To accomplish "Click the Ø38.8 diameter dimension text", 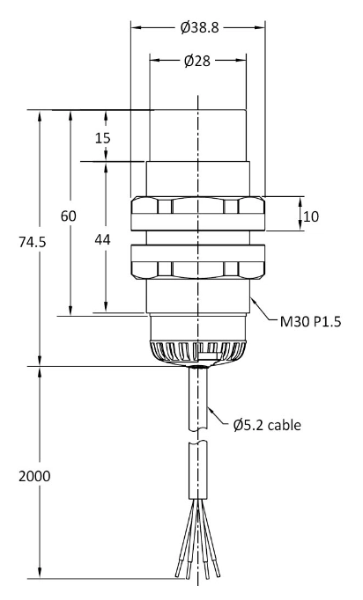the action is pos(199,27).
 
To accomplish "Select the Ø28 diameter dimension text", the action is pos(197,61).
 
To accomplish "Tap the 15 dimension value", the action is pos(103,138).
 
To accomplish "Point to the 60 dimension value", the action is pos(69,216).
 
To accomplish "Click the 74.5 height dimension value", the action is pos(33,242).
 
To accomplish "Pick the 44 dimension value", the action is pos(102,240).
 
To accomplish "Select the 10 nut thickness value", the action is pos(311,217).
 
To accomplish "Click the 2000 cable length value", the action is pos(34,477).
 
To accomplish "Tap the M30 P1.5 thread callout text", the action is pos(310,322).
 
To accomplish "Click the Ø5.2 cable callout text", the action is pos(267,425).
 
